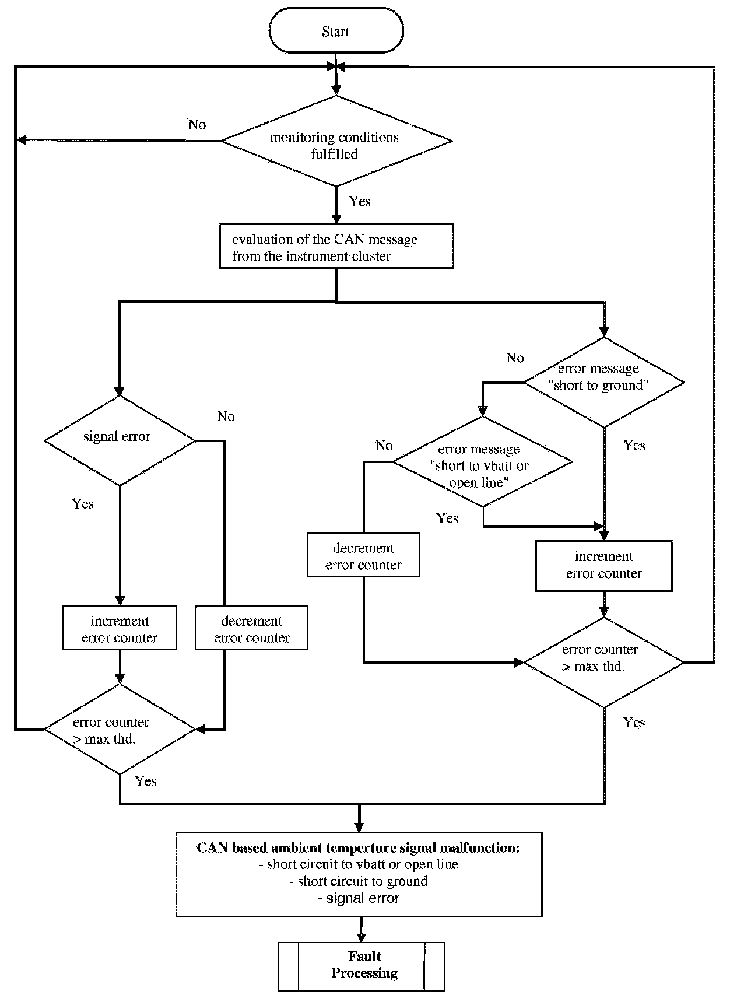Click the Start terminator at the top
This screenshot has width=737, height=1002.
336,31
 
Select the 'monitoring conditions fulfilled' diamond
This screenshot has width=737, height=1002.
336,141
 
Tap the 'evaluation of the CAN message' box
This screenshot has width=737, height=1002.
336,247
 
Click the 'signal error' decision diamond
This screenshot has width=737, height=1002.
120,440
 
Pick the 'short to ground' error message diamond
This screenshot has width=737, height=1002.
604,383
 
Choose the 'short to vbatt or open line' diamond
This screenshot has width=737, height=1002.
482,462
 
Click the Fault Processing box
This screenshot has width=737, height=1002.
362,966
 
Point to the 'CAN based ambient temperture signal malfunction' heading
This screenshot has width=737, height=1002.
358,847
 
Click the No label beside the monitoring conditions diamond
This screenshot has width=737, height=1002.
197,124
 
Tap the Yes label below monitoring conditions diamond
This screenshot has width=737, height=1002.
360,201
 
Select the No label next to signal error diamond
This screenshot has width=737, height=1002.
226,416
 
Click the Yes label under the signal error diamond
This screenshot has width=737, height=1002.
83,503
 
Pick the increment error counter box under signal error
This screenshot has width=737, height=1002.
120,628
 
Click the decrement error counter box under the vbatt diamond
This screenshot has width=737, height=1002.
363,555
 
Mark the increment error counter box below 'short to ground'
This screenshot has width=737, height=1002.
604,566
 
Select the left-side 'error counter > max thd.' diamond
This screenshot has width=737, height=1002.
120,729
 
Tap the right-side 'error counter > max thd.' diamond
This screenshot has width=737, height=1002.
604,663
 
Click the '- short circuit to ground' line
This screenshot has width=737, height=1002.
358,881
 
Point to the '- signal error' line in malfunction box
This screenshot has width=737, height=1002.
359,898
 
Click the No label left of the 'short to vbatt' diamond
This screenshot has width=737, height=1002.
384,445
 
